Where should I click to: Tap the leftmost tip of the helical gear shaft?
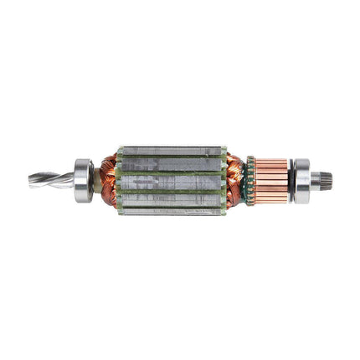coord(31,180)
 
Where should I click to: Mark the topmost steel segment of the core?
coord(172,151)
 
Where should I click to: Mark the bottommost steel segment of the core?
coord(172,208)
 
